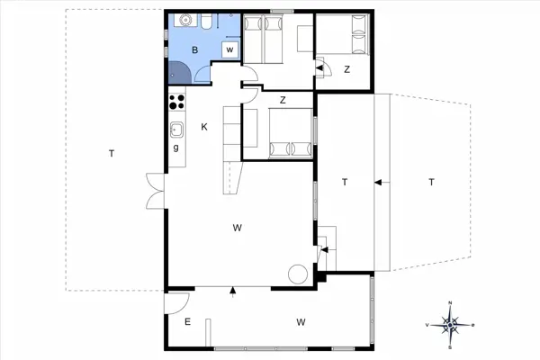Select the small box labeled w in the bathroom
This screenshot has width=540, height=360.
pyautogui.click(x=230, y=49)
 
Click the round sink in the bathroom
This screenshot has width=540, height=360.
pyautogui.click(x=184, y=20)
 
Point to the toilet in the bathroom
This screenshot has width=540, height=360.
pyautogui.click(x=206, y=22)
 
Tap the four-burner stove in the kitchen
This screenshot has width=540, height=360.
pyautogui.click(x=177, y=103)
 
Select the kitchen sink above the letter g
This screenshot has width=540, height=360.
pyautogui.click(x=177, y=129)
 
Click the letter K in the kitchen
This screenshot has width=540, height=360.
pyautogui.click(x=204, y=127)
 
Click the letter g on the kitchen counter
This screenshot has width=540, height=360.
pyautogui.click(x=176, y=147)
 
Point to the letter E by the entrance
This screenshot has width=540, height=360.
pyautogui.click(x=188, y=320)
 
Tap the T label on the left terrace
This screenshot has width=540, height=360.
pyautogui.click(x=111, y=154)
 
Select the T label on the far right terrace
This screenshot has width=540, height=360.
pyautogui.click(x=431, y=183)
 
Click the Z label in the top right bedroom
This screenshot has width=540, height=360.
pyautogui.click(x=346, y=68)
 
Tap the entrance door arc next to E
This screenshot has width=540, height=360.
pyautogui.click(x=177, y=303)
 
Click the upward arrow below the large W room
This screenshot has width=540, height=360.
pyautogui.click(x=233, y=291)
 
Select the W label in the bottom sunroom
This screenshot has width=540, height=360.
pyautogui.click(x=301, y=320)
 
